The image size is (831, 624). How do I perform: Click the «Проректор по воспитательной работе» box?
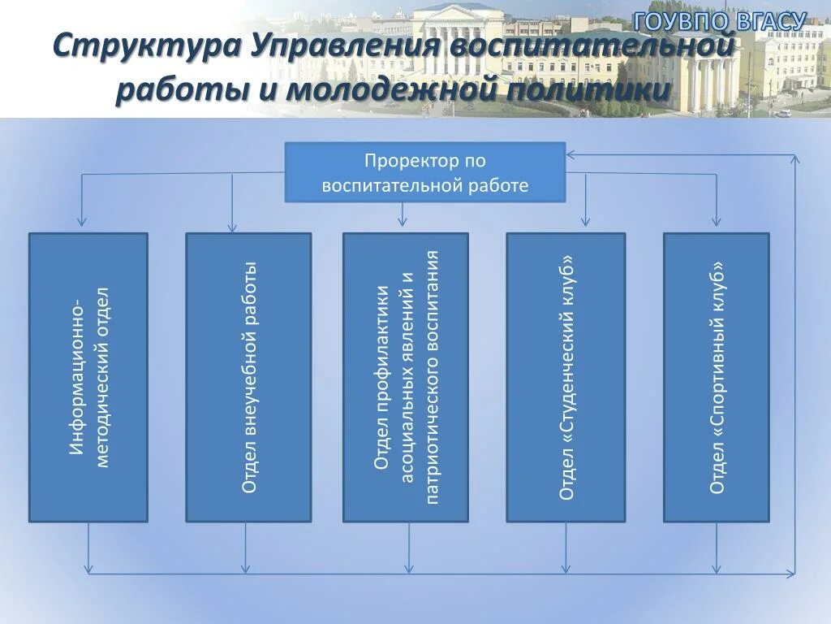pyautogui.click(x=424, y=172)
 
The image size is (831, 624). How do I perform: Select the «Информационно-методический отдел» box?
pyautogui.click(x=88, y=377)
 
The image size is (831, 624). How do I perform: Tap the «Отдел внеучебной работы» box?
pyautogui.click(x=248, y=377)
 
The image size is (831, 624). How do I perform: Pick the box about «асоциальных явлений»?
pyautogui.click(x=405, y=377)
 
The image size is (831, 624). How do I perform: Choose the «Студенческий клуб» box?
pyautogui.click(x=566, y=377)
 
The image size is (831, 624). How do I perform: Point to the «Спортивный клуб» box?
pyautogui.click(x=716, y=377)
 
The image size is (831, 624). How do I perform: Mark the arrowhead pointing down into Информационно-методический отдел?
pyautogui.click(x=80, y=221)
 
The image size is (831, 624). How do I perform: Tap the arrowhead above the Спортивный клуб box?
pyautogui.click(x=716, y=221)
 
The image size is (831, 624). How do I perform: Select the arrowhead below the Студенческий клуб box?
pyautogui.click(x=566, y=568)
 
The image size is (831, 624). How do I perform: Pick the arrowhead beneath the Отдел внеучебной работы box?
pyautogui.click(x=246, y=568)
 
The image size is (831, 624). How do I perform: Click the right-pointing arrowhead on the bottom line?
pyautogui.click(x=790, y=574)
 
